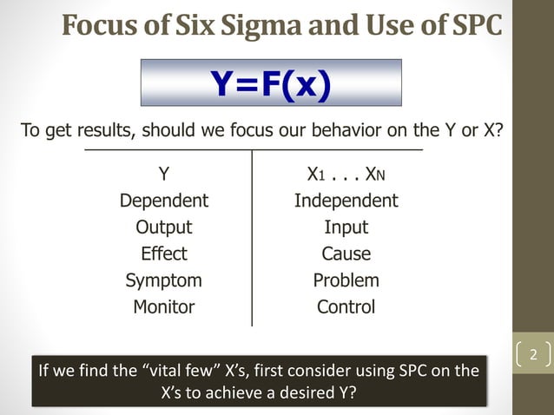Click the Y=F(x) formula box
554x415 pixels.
(x=271, y=83)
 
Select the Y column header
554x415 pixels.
(x=163, y=175)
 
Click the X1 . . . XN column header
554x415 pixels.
(x=346, y=175)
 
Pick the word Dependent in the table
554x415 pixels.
(x=163, y=201)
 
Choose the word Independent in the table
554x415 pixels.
(x=346, y=201)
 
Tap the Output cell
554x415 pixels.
(x=163, y=227)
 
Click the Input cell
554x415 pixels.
(x=346, y=227)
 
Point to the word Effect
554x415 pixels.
(x=163, y=254)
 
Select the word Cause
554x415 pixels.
(x=346, y=254)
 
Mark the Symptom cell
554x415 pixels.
(x=163, y=280)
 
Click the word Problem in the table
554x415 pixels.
(x=346, y=280)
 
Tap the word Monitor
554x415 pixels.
(x=163, y=306)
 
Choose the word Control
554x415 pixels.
(x=346, y=306)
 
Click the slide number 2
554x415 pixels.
(x=533, y=355)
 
